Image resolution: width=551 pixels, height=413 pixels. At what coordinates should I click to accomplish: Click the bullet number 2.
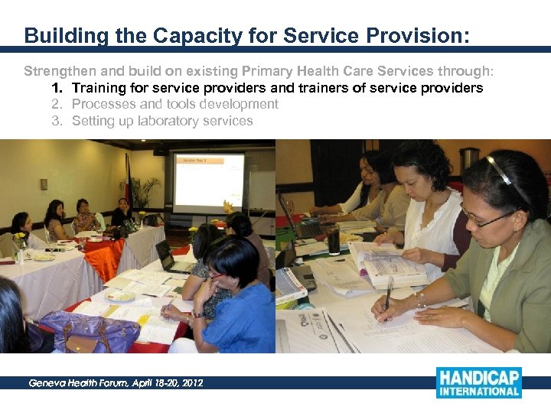tap(56, 104)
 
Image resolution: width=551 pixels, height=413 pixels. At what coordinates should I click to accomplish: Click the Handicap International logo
tap(478, 382)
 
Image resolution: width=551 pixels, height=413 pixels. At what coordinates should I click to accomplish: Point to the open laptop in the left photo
tap(171, 257)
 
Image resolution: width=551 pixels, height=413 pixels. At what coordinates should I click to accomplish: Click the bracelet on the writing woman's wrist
tap(420, 299)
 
